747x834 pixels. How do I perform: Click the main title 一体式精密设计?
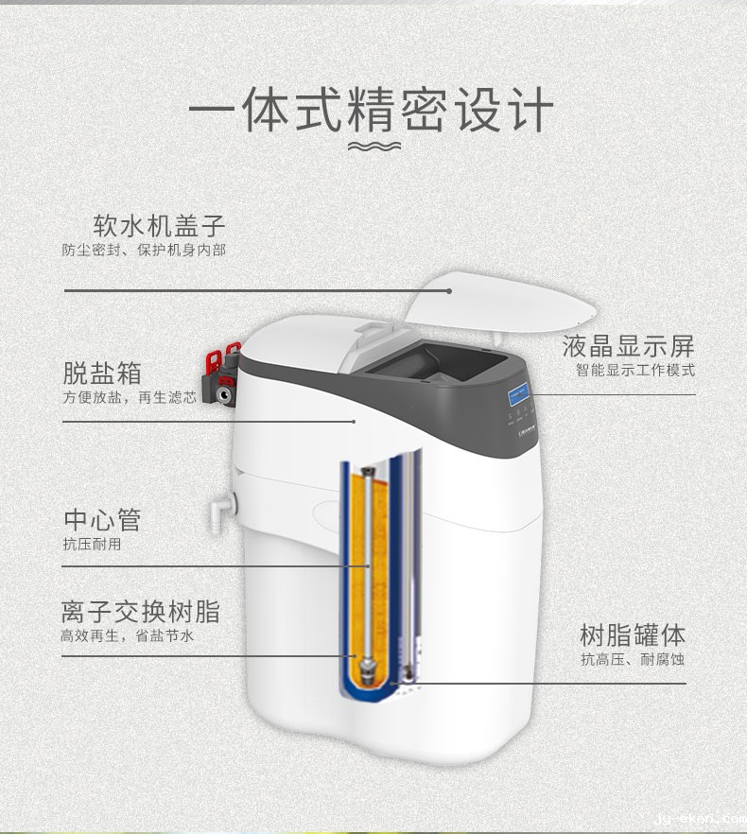coord(372,110)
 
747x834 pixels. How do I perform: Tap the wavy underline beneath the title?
coord(374,146)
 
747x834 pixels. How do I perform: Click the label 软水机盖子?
coord(160,225)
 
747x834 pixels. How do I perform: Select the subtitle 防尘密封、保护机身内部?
coord(144,250)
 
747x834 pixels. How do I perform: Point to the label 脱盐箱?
coord(103,373)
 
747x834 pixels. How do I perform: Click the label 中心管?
coord(103,520)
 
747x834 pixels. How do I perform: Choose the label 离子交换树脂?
coord(141,612)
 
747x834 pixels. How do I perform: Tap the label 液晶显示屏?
coord(629,346)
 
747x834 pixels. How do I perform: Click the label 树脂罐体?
coord(633,635)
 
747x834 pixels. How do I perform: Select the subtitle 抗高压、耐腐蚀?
coord(633,660)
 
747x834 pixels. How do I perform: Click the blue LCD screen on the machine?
coord(518,394)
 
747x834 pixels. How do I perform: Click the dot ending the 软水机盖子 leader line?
coord(449,291)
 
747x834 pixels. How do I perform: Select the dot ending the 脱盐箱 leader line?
coord(354,422)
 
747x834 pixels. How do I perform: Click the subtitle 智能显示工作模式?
coord(635,371)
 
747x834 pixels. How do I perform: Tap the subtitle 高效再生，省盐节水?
coord(128,635)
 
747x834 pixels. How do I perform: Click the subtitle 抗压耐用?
coord(92,544)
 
